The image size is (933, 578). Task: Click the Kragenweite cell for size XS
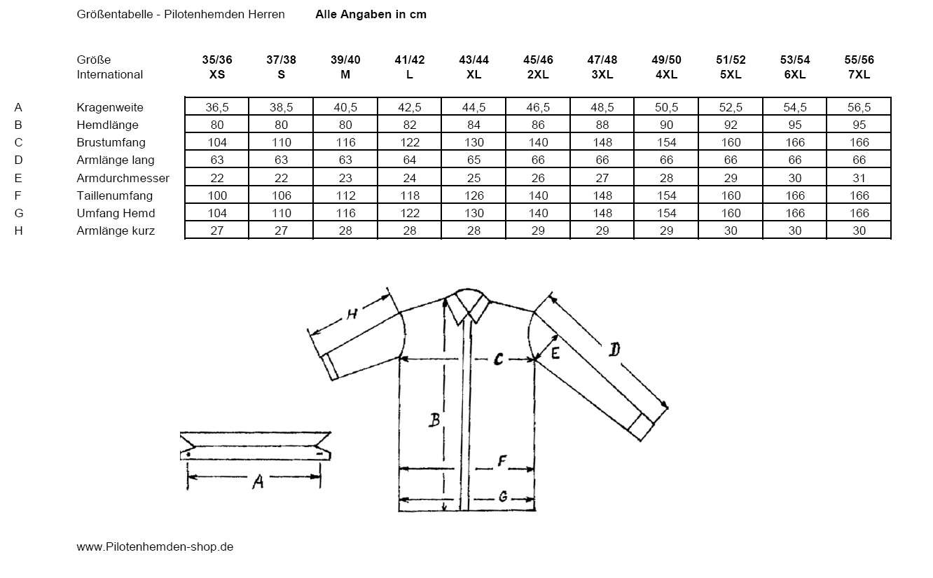(217, 107)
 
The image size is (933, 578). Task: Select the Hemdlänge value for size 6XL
(795, 125)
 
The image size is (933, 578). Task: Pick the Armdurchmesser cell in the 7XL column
(859, 178)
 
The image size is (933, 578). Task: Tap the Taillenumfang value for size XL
(474, 195)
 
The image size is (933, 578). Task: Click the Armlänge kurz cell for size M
(345, 230)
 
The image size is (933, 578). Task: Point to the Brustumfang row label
(111, 142)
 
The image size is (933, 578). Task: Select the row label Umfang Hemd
(116, 213)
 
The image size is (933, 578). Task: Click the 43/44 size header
(474, 60)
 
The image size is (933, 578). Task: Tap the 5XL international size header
(731, 74)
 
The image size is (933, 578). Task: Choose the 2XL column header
(538, 74)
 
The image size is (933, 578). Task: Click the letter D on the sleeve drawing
(614, 348)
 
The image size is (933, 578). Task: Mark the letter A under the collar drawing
(258, 481)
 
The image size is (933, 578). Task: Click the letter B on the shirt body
(434, 420)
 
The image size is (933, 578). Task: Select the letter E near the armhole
(555, 353)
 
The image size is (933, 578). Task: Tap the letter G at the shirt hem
(502, 497)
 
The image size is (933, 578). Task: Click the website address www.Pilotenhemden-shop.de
(155, 546)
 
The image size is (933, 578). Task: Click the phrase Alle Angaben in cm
(371, 14)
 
